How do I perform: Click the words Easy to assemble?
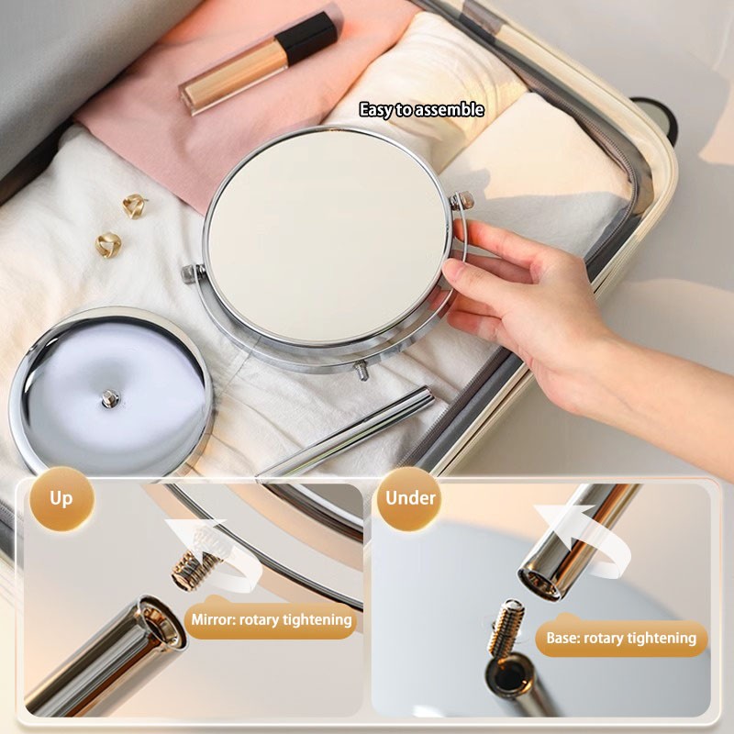pos(421,110)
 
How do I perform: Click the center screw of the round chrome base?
pos(111,397)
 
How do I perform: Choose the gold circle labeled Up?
pos(61,500)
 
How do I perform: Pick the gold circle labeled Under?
pos(410,500)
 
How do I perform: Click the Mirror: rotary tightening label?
pos(271,620)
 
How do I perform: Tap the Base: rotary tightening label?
pos(621,638)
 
